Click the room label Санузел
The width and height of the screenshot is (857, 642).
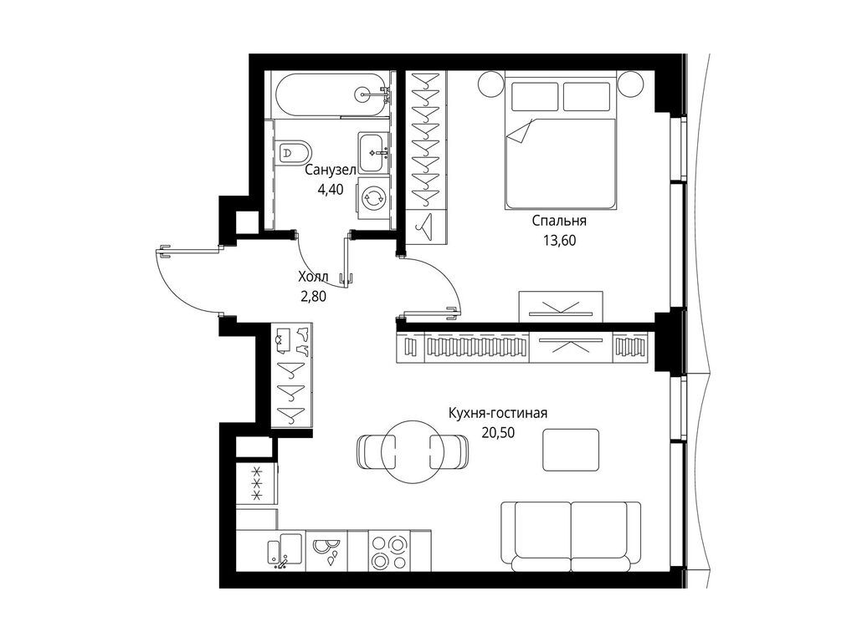[x=330, y=171]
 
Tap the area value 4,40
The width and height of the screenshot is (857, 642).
[x=330, y=189]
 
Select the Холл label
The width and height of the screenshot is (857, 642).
[x=313, y=276]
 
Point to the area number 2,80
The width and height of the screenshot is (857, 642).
[x=313, y=294]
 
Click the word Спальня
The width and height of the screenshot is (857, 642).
[x=558, y=222]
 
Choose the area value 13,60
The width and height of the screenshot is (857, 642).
[x=558, y=240]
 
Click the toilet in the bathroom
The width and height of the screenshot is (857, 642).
[x=295, y=152]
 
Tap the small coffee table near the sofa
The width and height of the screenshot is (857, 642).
[x=571, y=449]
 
